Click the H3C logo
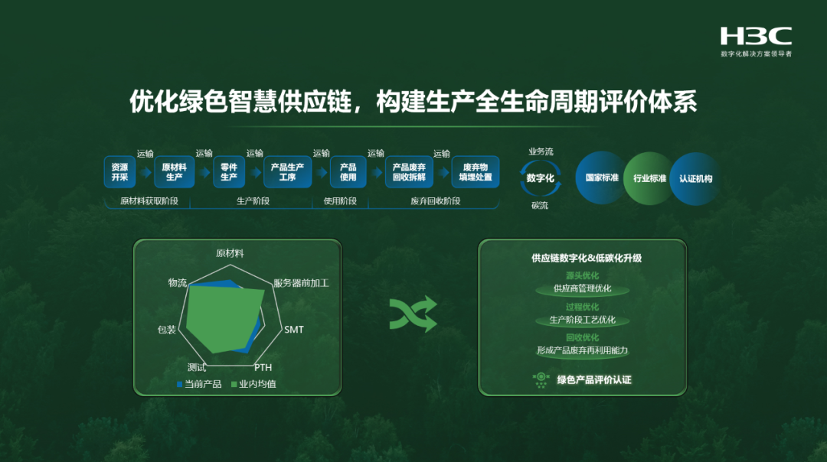(756, 36)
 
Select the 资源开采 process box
(119, 172)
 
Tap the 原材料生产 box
(175, 172)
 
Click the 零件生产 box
(229, 172)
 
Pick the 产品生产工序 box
(288, 172)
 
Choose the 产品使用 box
(348, 172)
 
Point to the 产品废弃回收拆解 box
(410, 172)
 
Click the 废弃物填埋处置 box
(475, 172)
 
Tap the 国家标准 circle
(602, 178)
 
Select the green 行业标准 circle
(649, 179)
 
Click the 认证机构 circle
(695, 178)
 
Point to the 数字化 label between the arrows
(541, 177)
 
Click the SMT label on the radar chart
(294, 330)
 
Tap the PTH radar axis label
(263, 368)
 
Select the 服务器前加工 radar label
(301, 283)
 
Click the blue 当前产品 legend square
(180, 384)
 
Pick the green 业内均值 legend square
(234, 384)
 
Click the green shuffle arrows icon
(413, 314)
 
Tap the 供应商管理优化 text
(583, 289)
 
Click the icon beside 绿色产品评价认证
(541, 379)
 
